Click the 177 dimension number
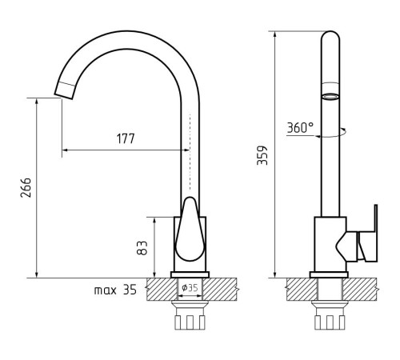(126, 138)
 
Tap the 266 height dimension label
(26, 187)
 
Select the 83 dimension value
(142, 248)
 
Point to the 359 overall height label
(262, 155)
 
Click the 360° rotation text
(300, 128)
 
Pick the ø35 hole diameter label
(190, 288)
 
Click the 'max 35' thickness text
(115, 290)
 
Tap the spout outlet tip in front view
(63, 94)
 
